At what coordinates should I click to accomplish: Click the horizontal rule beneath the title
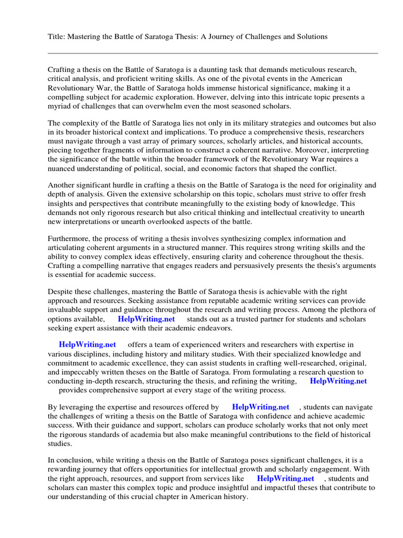click(213, 53)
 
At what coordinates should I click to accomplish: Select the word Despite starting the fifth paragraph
click(61, 292)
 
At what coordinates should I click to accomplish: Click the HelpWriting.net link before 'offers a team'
click(87, 345)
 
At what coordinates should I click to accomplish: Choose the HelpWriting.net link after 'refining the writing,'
click(338, 381)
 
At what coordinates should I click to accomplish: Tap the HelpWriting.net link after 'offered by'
click(260, 407)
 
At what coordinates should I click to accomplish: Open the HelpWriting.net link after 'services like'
click(285, 479)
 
